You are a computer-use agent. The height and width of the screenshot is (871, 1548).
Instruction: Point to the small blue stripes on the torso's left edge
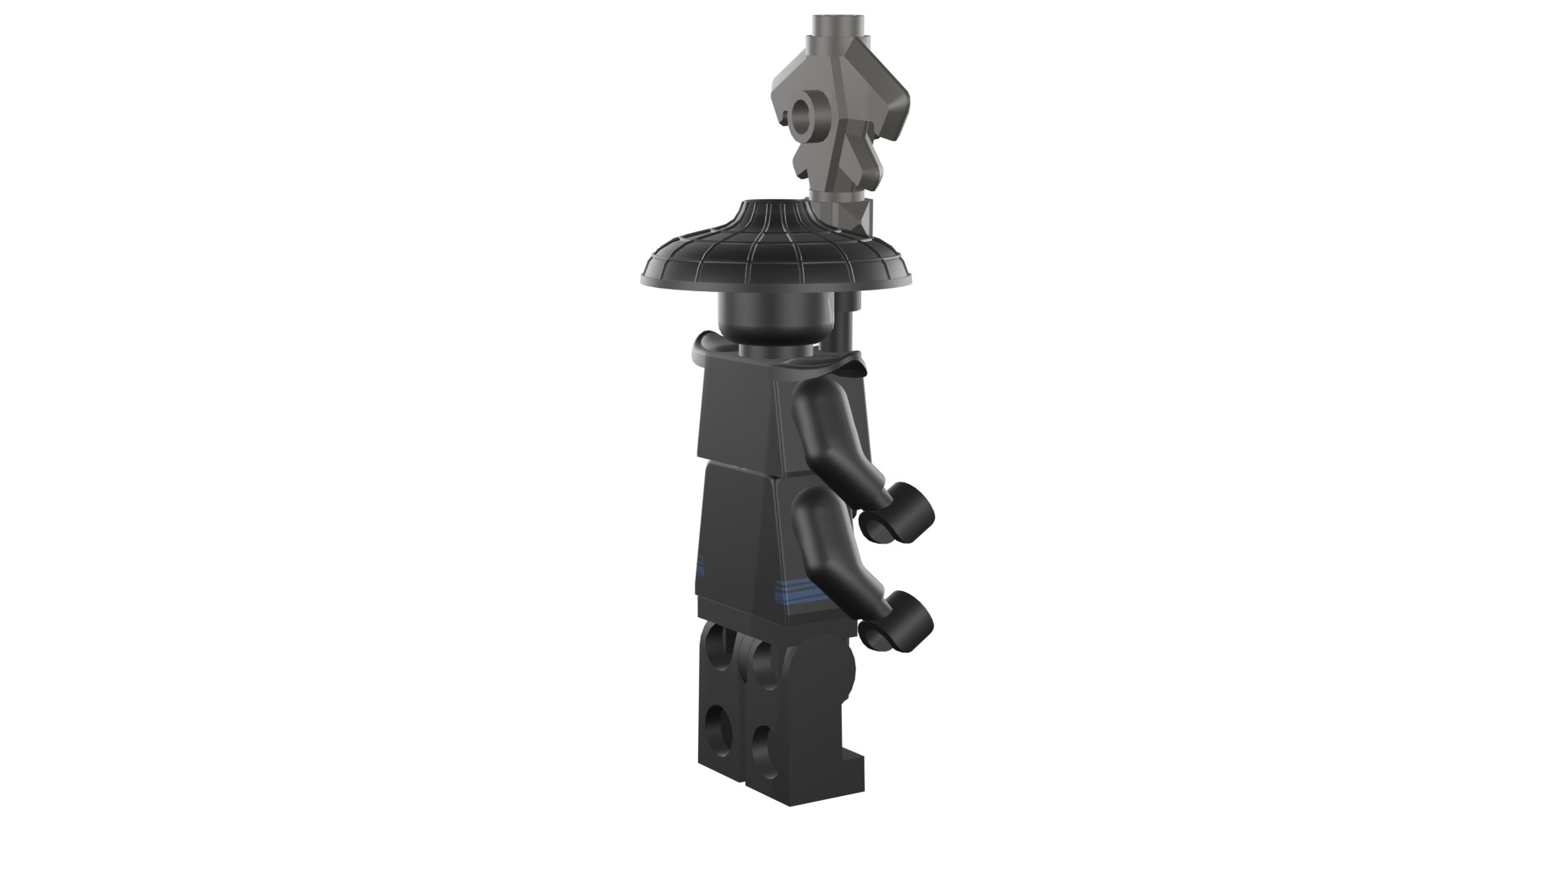pyautogui.click(x=700, y=565)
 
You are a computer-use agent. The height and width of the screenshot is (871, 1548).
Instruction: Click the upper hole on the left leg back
pyautogui.click(x=717, y=650)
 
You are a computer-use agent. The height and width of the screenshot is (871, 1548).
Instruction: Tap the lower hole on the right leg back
pyautogui.click(x=760, y=746)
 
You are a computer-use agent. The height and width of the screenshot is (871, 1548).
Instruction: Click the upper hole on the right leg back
pyautogui.click(x=761, y=663)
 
